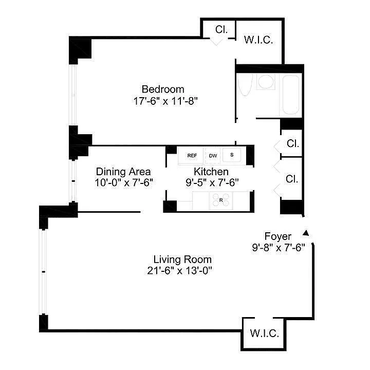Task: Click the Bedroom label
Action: (x=163, y=89)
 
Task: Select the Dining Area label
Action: (x=123, y=172)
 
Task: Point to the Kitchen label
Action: (x=211, y=172)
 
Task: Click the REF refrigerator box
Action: (x=192, y=155)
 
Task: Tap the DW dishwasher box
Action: (x=213, y=155)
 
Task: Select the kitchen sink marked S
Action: (x=231, y=155)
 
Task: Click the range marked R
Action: (x=220, y=200)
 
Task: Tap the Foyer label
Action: (x=278, y=236)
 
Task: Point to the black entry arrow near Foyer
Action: (x=306, y=232)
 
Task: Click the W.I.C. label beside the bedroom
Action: (x=258, y=40)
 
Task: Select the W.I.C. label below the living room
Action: (x=265, y=334)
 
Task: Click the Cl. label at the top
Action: (x=221, y=29)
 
